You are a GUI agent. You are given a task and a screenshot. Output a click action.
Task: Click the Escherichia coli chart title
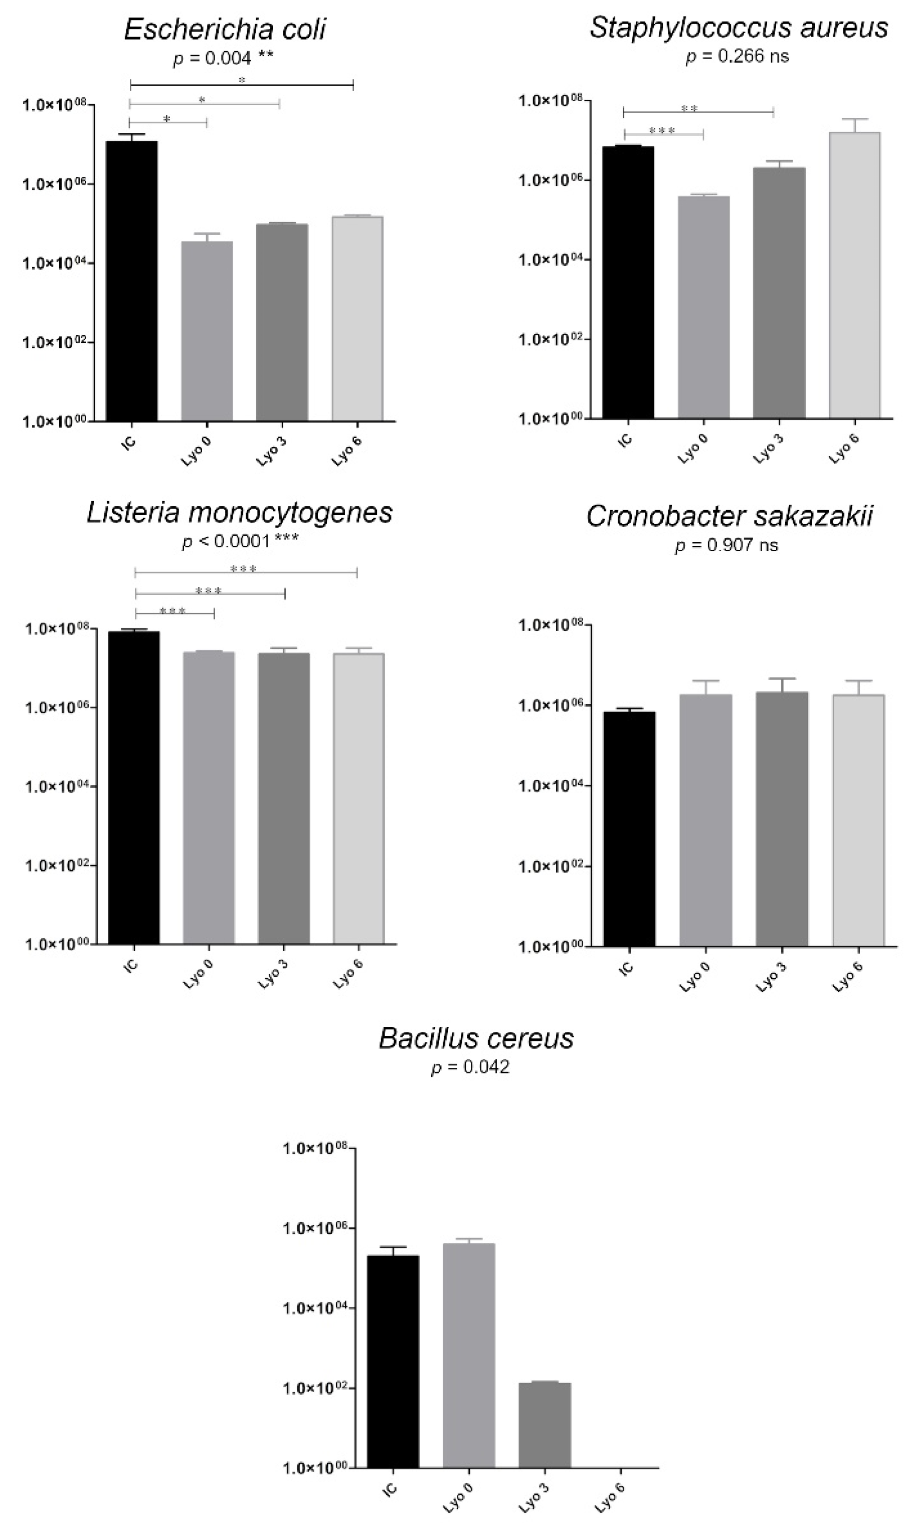point(225,29)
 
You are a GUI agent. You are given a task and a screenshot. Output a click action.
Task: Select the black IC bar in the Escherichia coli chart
point(131,280)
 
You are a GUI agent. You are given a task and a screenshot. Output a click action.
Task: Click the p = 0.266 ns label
point(737,57)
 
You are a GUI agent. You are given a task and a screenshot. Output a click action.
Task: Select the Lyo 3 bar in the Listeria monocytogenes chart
point(283,797)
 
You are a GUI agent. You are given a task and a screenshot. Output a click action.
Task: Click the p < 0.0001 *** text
point(241,541)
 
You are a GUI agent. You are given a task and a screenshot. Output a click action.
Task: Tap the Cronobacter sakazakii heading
point(729,516)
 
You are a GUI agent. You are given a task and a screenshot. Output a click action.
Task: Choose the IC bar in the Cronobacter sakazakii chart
point(629,828)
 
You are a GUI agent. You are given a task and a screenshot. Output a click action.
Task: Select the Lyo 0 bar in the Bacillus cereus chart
point(468,1355)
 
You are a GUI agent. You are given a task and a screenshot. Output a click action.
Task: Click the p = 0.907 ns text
point(726,545)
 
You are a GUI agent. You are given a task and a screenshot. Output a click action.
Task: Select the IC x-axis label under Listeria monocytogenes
point(131,966)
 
